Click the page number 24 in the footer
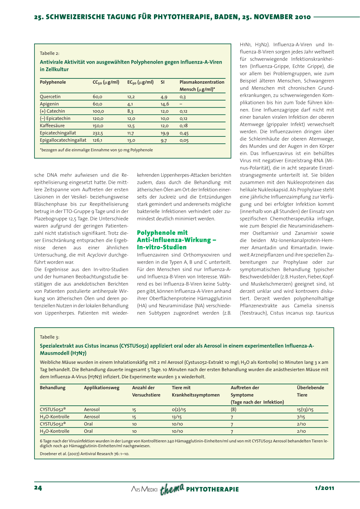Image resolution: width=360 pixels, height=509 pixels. point(38,488)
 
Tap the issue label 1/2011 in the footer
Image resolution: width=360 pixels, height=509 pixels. point(324,488)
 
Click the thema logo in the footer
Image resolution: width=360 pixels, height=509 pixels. point(172,489)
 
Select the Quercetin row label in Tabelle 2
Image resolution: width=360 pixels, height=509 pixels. point(50,97)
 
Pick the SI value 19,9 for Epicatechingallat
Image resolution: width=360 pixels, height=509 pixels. point(165,133)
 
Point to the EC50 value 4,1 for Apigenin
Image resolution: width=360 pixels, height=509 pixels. point(130,104)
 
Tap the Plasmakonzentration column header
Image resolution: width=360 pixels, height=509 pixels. point(202,82)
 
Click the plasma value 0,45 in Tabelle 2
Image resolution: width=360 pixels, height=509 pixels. point(184,133)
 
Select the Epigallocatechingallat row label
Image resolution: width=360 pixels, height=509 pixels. point(63,140)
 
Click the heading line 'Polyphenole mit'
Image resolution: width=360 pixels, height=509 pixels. point(162,233)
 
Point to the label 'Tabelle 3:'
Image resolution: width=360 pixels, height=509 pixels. point(50,337)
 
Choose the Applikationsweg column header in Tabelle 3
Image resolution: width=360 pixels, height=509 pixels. point(102,388)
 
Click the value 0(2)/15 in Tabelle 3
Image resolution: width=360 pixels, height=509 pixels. point(179,410)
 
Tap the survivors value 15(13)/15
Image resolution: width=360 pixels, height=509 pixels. point(305,410)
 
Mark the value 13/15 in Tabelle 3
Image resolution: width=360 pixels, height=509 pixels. point(177,417)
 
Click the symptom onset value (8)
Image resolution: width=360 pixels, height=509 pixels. point(233,410)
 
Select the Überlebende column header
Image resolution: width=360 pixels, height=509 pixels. point(310,388)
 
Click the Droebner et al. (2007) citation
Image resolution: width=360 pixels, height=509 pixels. point(84,454)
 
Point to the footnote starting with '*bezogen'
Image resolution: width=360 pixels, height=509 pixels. point(96,150)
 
